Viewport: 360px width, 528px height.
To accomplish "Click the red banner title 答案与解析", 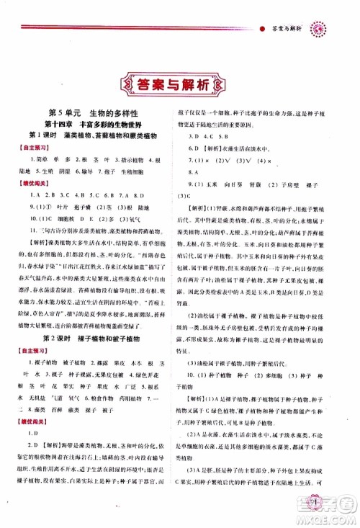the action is pyautogui.click(x=180, y=85).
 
